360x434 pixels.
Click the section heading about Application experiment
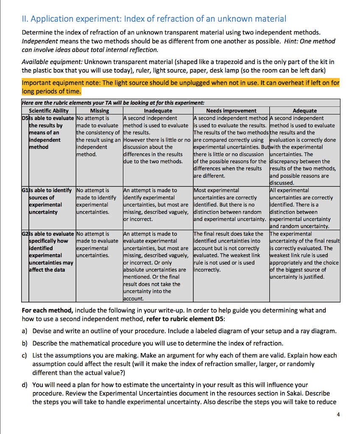(153, 19)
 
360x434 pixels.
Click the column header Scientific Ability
(48, 111)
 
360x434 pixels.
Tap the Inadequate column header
(157, 111)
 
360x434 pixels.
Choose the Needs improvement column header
(231, 111)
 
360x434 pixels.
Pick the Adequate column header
(304, 111)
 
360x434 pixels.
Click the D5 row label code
(25, 118)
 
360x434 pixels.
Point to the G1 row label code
(25, 190)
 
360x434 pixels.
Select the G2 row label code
(25, 234)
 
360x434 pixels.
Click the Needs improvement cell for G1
(231, 205)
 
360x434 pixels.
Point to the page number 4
(338, 414)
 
